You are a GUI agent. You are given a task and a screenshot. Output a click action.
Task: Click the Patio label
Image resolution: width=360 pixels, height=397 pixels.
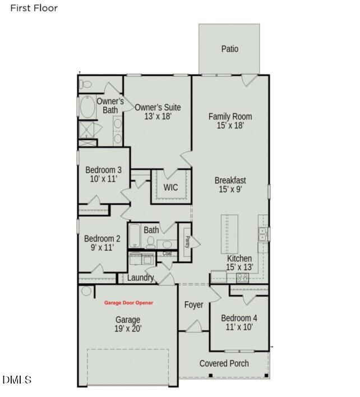[x=229, y=49]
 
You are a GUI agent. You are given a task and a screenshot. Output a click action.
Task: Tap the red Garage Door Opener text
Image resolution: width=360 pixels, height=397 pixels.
[x=128, y=303]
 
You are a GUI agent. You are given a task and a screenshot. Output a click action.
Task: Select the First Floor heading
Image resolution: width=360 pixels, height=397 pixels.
[x=34, y=8]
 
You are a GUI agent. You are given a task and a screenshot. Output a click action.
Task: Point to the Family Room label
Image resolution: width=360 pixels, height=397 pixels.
[x=230, y=121]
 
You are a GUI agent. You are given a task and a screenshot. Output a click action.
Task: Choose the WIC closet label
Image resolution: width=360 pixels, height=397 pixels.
[x=170, y=187]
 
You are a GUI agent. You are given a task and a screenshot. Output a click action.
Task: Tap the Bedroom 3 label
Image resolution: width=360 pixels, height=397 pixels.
[x=103, y=174]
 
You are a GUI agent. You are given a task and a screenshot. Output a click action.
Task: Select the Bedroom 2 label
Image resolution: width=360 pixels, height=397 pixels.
[x=102, y=242]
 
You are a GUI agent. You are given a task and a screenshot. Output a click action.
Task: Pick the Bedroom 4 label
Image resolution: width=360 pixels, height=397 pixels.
[x=239, y=322]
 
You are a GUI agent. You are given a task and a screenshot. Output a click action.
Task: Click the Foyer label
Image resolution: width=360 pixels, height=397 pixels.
[x=194, y=305]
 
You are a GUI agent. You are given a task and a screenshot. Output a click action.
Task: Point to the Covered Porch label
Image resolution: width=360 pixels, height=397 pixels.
[x=224, y=363]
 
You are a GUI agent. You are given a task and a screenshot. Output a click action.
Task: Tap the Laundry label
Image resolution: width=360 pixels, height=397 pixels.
[x=140, y=278]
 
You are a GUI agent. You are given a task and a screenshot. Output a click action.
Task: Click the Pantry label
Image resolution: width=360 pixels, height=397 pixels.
[x=187, y=241]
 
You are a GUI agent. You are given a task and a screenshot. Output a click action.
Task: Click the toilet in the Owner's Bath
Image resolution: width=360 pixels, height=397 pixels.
[x=86, y=85]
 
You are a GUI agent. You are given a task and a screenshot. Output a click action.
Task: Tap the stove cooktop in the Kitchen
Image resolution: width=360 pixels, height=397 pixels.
[x=242, y=276]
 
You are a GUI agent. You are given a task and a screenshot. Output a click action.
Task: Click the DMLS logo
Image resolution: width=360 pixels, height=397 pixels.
[x=17, y=380]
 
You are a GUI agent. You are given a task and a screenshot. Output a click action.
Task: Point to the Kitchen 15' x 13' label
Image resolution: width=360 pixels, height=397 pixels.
[x=239, y=263]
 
